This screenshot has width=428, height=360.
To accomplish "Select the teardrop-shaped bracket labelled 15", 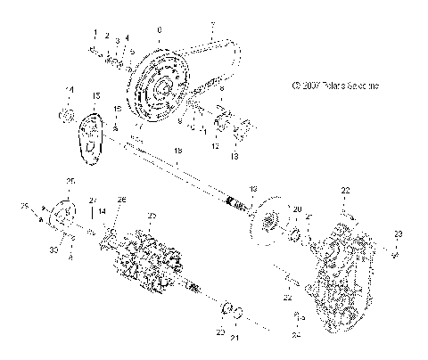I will pyautogui.click(x=89, y=139).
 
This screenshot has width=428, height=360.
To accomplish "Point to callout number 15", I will pyautogui.click(x=96, y=94).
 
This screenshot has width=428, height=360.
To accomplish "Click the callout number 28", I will pyautogui.click(x=122, y=199).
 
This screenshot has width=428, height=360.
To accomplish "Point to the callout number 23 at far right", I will pyautogui.click(x=399, y=233).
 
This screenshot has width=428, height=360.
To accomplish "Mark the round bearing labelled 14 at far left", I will pyautogui.click(x=65, y=116).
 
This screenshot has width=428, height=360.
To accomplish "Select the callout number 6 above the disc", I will pyautogui.click(x=159, y=30).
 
